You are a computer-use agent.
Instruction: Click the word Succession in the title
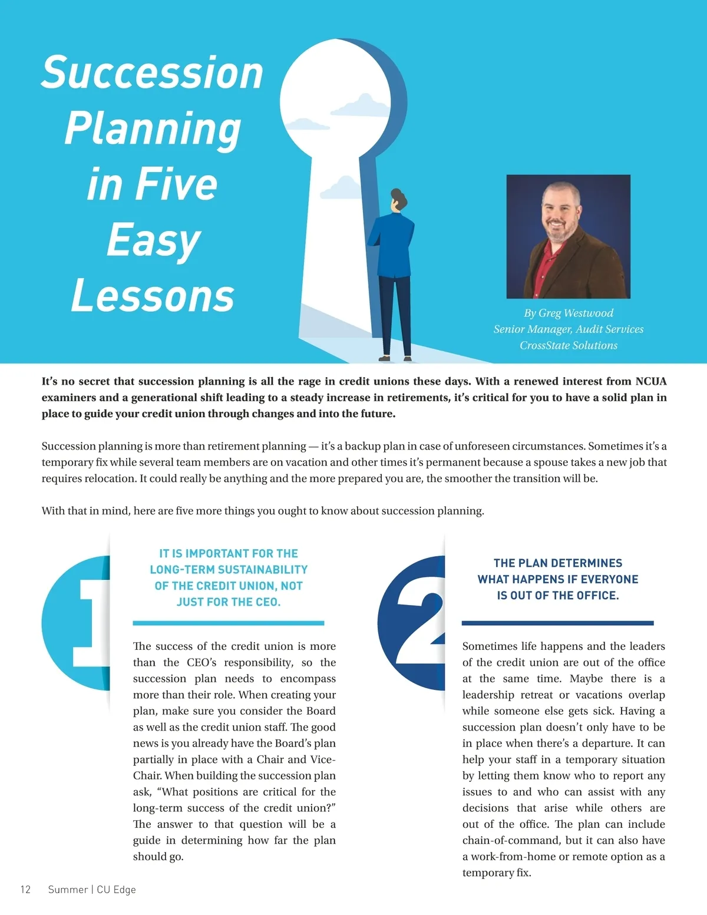152,73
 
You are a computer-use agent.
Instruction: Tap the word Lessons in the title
153,296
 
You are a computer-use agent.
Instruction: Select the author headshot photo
568,236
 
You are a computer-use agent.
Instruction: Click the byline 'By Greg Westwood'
569,313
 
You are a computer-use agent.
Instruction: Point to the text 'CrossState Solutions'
569,345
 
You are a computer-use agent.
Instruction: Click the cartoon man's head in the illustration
399,199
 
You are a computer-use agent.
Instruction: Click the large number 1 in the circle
92,622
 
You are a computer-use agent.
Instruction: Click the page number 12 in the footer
25,890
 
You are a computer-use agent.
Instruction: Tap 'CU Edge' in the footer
116,890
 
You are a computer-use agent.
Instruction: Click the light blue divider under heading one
229,623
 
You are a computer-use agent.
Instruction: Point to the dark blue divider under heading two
557,623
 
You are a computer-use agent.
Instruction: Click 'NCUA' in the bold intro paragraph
650,381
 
